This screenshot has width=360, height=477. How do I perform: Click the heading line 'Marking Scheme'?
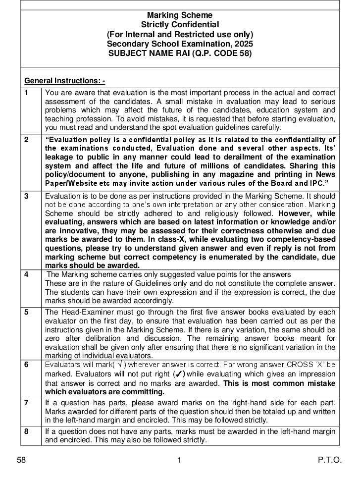pyautogui.click(x=180, y=15)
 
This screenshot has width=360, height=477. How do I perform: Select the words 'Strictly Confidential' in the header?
pyautogui.click(x=180, y=25)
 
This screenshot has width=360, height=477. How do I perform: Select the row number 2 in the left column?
pyautogui.click(x=26, y=140)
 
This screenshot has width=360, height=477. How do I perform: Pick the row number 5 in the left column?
pyautogui.click(x=26, y=312)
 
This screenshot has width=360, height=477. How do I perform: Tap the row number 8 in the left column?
pyautogui.click(x=26, y=431)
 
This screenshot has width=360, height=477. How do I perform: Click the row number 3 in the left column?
pyautogui.click(x=26, y=196)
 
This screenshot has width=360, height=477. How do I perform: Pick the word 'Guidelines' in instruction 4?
pyautogui.click(x=150, y=283)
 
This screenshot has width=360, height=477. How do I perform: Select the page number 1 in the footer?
pyautogui.click(x=179, y=460)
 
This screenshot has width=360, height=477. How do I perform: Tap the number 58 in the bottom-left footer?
pyautogui.click(x=21, y=460)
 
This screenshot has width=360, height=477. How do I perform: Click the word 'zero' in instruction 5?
pyautogui.click(x=52, y=339)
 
